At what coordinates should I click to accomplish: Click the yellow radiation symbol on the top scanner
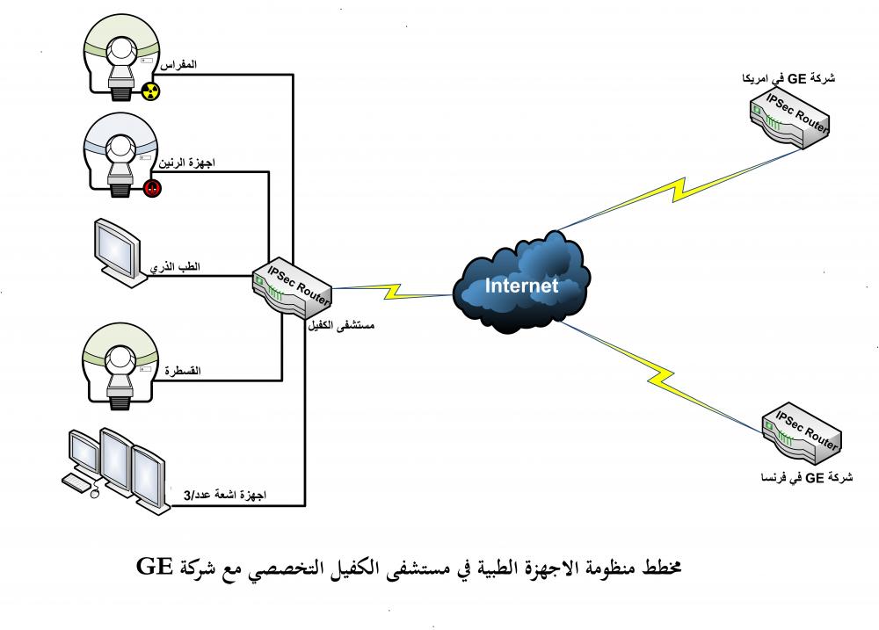150,91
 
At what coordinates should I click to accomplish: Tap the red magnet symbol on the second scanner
152,188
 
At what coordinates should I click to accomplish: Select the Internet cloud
521,282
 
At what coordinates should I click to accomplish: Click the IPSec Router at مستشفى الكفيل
292,289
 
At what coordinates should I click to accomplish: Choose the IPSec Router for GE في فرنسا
802,433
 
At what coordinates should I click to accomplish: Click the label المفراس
178,64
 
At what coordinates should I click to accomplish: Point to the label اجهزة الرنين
186,163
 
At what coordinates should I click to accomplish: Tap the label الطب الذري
175,267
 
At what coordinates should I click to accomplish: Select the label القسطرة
182,371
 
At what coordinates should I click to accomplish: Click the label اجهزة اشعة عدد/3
225,495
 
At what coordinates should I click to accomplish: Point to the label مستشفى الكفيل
341,325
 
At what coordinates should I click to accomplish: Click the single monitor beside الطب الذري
119,252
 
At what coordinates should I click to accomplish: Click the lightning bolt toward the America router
679,190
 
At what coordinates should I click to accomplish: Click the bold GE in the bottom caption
154,566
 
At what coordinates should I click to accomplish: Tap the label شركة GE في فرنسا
807,478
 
